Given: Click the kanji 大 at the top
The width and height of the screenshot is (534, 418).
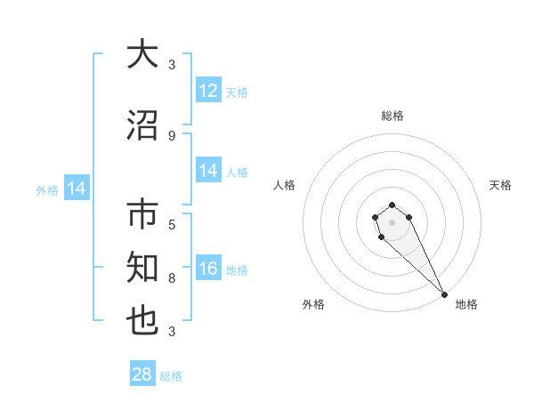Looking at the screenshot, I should point(142,54).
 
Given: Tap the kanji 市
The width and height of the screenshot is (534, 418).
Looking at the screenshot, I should point(142,216).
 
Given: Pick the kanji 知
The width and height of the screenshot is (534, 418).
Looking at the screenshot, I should point(142,266).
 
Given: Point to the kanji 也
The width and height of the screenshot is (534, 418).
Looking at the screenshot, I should point(142,321).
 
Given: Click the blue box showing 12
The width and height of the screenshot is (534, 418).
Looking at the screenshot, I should point(208,91).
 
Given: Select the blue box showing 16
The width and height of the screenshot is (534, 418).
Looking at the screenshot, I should point(208,269).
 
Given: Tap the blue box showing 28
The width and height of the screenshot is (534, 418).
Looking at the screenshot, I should point(142,374).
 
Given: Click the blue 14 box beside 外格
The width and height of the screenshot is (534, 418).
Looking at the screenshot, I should point(77,189).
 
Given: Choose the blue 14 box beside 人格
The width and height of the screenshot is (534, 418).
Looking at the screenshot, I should point(208,172).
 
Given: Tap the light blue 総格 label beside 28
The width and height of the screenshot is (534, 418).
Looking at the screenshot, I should point(171,376).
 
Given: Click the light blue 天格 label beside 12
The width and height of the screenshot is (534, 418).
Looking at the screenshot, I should point(236,92).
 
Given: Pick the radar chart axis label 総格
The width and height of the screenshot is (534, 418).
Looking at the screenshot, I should point(392,116).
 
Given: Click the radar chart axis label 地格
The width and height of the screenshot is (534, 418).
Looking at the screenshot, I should point(466,304).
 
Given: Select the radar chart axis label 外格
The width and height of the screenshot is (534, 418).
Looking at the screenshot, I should point(313,304).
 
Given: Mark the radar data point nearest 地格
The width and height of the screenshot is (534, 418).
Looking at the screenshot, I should point(443,294).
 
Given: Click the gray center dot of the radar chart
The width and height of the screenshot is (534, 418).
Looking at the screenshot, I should point(392,222).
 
